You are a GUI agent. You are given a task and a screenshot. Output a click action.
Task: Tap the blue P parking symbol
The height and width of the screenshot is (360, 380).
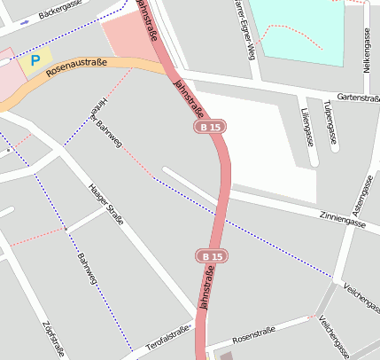pos(35,61)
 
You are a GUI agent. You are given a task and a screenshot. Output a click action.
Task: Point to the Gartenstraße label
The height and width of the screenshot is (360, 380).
pos(358,98)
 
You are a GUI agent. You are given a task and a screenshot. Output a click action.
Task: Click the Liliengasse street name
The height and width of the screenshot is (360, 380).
pos(306,127)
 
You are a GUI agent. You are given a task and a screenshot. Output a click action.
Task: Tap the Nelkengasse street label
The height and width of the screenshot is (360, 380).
pos(366,50)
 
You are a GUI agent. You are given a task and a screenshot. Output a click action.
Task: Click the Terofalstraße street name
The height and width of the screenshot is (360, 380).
pos(169,335)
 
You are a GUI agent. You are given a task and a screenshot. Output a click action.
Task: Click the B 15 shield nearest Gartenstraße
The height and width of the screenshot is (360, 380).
pos(209,129)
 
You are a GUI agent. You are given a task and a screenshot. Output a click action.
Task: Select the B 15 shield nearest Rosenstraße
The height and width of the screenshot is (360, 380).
pos(208,256)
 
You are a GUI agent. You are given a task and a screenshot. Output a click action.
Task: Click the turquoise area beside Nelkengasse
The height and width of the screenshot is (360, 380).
pos(297,31)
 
